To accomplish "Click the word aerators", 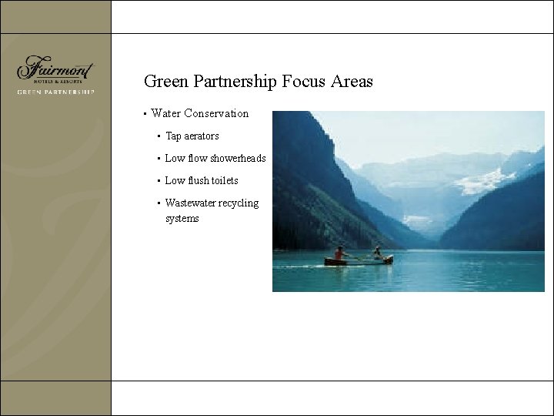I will point(202,136).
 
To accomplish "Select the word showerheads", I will point(238,159).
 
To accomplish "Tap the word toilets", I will point(224,181).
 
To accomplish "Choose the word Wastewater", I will point(190,203).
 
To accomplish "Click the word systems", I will point(182,219).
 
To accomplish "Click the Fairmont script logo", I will point(55,67).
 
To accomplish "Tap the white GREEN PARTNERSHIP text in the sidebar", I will point(55,92).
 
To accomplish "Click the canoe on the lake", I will point(359,260).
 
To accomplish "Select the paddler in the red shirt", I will point(339,253).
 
